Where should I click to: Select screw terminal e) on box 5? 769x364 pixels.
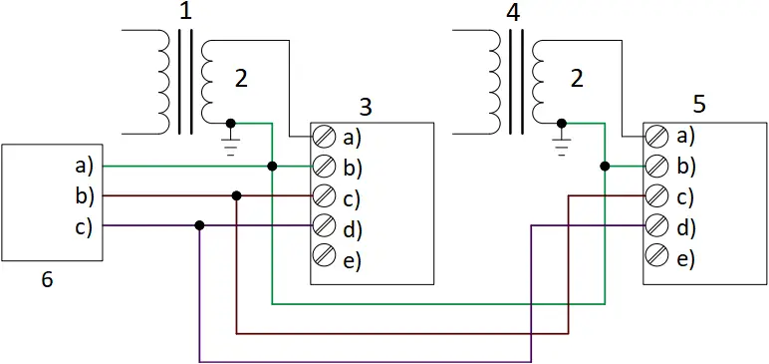tap(656, 257)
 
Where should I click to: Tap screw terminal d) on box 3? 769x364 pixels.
tap(324, 226)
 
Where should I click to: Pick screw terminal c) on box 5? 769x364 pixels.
tap(656, 195)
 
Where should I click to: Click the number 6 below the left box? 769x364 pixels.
tap(47, 280)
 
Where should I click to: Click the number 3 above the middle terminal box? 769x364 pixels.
tap(366, 106)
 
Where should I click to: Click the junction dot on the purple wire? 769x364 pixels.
tap(200, 226)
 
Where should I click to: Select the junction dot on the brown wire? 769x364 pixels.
tap(236, 195)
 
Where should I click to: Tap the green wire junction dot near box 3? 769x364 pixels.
tap(272, 166)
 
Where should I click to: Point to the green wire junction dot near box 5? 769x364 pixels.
tap(604, 166)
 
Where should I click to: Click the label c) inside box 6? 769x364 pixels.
tap(84, 225)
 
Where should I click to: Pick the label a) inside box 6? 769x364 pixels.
tap(84, 165)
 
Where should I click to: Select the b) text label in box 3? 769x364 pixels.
tap(352, 166)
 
